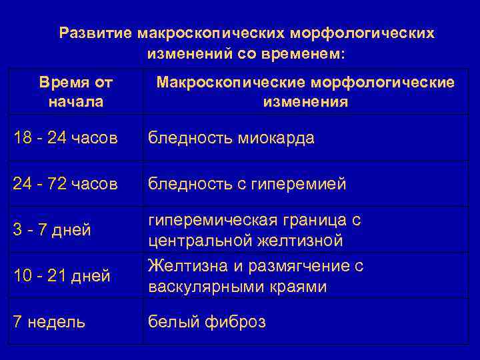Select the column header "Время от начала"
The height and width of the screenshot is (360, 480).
[76, 92]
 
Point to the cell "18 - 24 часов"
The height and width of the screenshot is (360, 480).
[65, 138]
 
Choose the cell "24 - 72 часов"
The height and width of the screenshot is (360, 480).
[65, 183]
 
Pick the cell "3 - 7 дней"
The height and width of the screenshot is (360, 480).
[52, 230]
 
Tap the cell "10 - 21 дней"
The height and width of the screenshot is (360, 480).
[61, 275]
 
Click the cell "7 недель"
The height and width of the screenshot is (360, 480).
[49, 322]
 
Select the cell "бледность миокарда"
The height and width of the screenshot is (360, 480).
[231, 138]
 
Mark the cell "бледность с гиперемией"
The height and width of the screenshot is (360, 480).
[247, 183]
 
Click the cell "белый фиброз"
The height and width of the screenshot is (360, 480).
[207, 322]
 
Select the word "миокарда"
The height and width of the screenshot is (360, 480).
[273, 138]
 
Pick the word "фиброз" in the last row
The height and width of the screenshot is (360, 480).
[233, 322]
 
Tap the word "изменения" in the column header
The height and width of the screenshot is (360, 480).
[305, 102]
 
